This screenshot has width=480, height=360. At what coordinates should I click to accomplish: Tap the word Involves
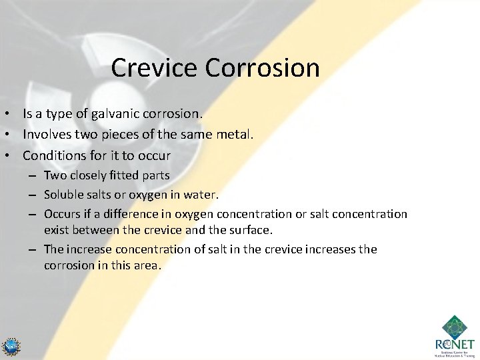tap(47, 135)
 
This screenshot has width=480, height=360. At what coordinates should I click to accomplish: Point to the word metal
tap(235, 135)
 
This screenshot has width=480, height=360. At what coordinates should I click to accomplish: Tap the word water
tap(201, 195)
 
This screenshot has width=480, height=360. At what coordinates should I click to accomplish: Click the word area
tap(148, 265)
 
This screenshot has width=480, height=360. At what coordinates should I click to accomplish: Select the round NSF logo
tap(11, 347)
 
